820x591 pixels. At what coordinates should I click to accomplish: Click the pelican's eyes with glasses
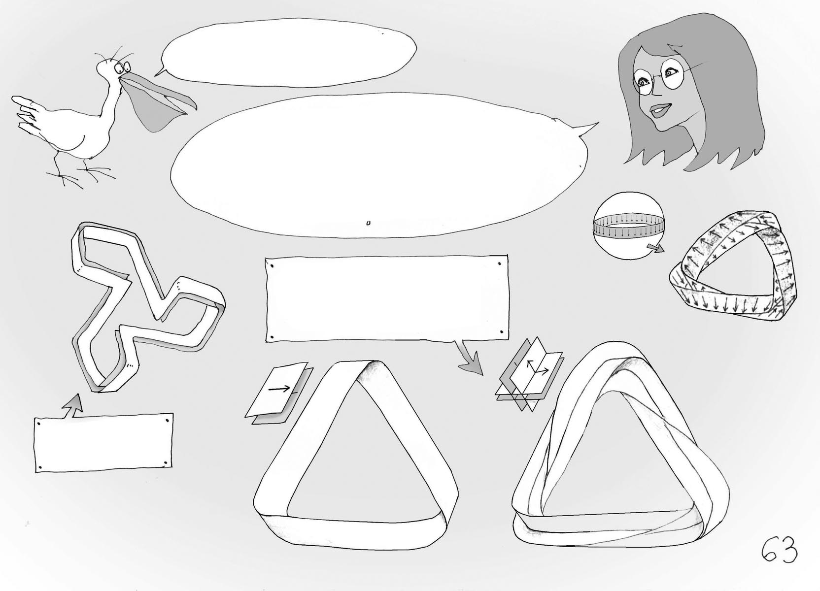coord(122,67)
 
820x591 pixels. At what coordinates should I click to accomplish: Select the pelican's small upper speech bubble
coord(287,53)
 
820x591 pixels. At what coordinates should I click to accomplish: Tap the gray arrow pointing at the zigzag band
coord(73,406)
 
